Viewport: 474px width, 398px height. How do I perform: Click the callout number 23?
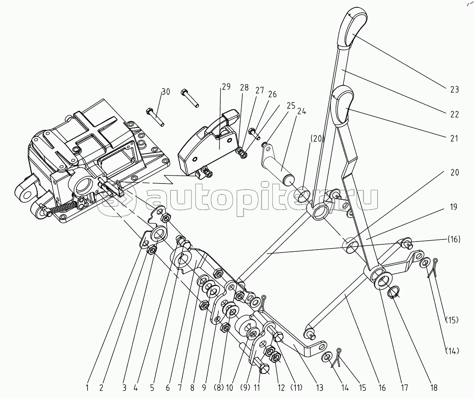(454, 89)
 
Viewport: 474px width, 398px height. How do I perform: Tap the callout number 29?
(226, 87)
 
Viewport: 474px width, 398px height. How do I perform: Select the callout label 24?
(302, 111)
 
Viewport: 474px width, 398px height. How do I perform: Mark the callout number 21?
(454, 139)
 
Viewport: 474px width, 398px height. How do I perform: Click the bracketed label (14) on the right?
(452, 351)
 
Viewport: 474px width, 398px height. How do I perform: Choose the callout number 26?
(272, 94)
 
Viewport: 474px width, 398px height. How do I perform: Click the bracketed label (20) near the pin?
(317, 139)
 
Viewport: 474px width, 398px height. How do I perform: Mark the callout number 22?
(454, 114)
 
